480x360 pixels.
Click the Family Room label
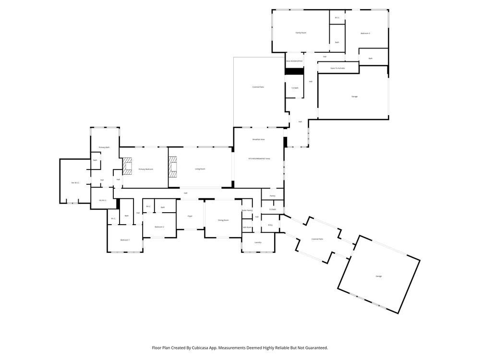[300, 33]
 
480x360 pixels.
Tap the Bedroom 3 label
[365, 33]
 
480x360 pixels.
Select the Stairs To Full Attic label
[338, 69]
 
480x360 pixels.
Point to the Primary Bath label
[104, 147]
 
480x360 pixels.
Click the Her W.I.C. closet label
[75, 183]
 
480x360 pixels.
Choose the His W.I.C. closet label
[102, 200]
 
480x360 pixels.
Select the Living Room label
[200, 169]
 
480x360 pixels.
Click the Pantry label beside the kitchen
[272, 196]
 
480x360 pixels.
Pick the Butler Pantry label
[247, 210]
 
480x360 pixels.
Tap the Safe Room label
[247, 227]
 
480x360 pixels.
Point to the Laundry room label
[258, 242]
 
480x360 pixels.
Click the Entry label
[270, 225]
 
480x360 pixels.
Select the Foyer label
[190, 216]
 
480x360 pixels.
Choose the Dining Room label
[223, 220]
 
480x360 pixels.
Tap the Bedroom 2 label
[159, 227]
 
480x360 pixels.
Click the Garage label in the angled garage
[379, 276]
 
